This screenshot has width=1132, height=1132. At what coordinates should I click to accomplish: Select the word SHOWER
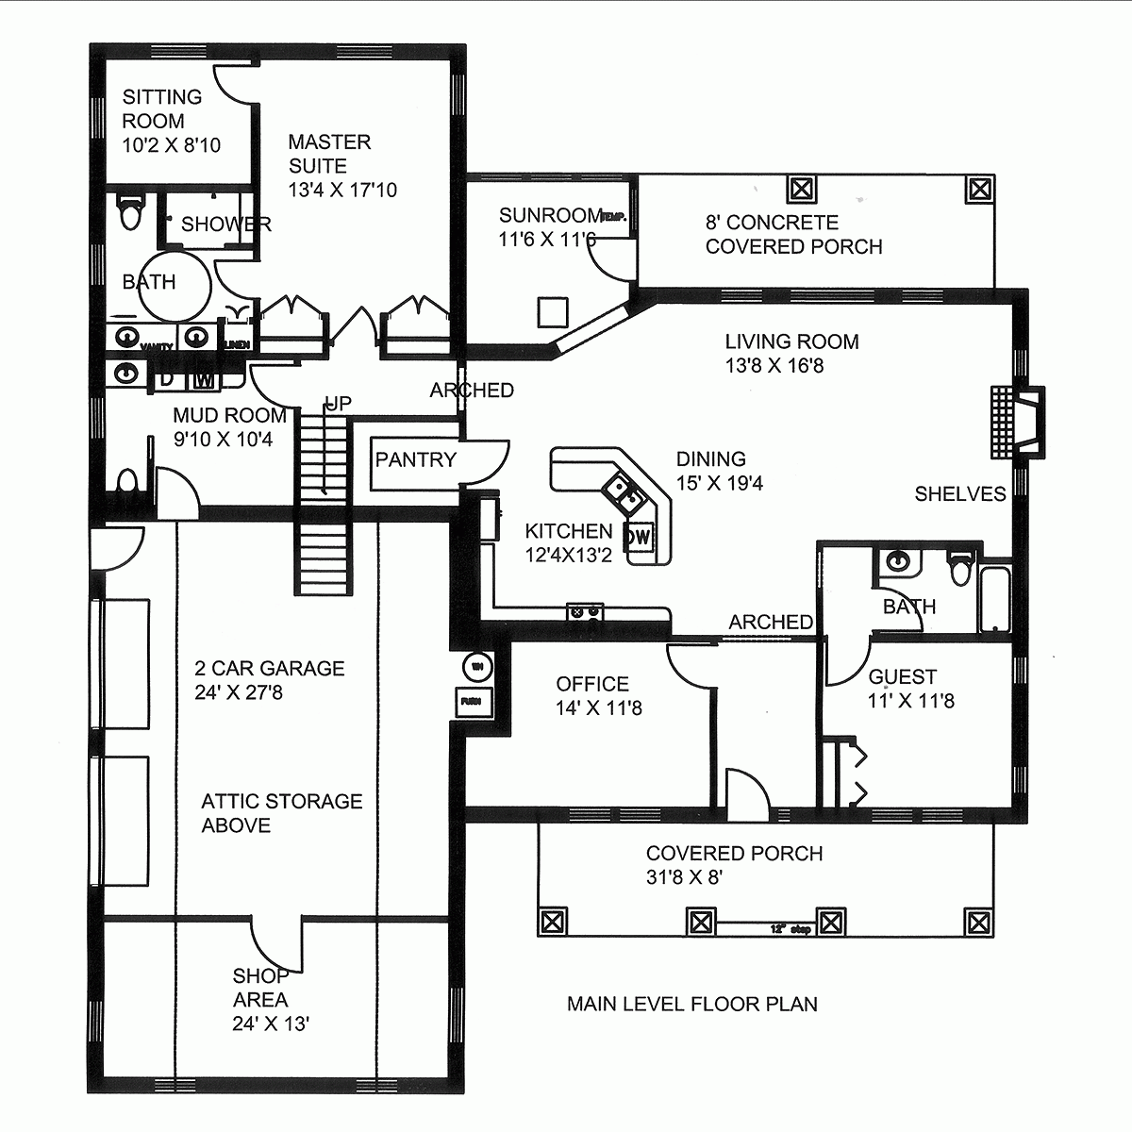coord(225,225)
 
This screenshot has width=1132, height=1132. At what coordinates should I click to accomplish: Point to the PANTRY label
coord(415,460)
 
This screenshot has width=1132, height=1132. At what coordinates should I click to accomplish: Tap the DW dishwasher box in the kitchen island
coord(640,537)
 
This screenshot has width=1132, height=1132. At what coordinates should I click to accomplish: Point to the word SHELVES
coord(959,494)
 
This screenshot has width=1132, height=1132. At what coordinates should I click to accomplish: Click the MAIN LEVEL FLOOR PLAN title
coord(691,1004)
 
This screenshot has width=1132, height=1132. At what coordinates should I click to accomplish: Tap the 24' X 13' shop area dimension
coord(271,1024)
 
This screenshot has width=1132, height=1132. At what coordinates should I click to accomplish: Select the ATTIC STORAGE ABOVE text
coord(281,813)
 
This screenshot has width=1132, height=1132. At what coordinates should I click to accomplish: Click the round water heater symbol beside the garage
coord(477,667)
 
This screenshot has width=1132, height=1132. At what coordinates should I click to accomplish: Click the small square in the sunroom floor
coord(553,311)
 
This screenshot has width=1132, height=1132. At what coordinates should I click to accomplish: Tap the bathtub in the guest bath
coord(995,600)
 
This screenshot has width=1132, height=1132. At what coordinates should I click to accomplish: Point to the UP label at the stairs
coord(338,404)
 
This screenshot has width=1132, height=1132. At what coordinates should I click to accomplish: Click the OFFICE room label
coord(592,684)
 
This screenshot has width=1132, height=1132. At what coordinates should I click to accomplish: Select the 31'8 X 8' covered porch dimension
coord(684,877)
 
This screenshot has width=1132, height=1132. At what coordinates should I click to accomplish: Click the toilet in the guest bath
coord(960,568)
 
